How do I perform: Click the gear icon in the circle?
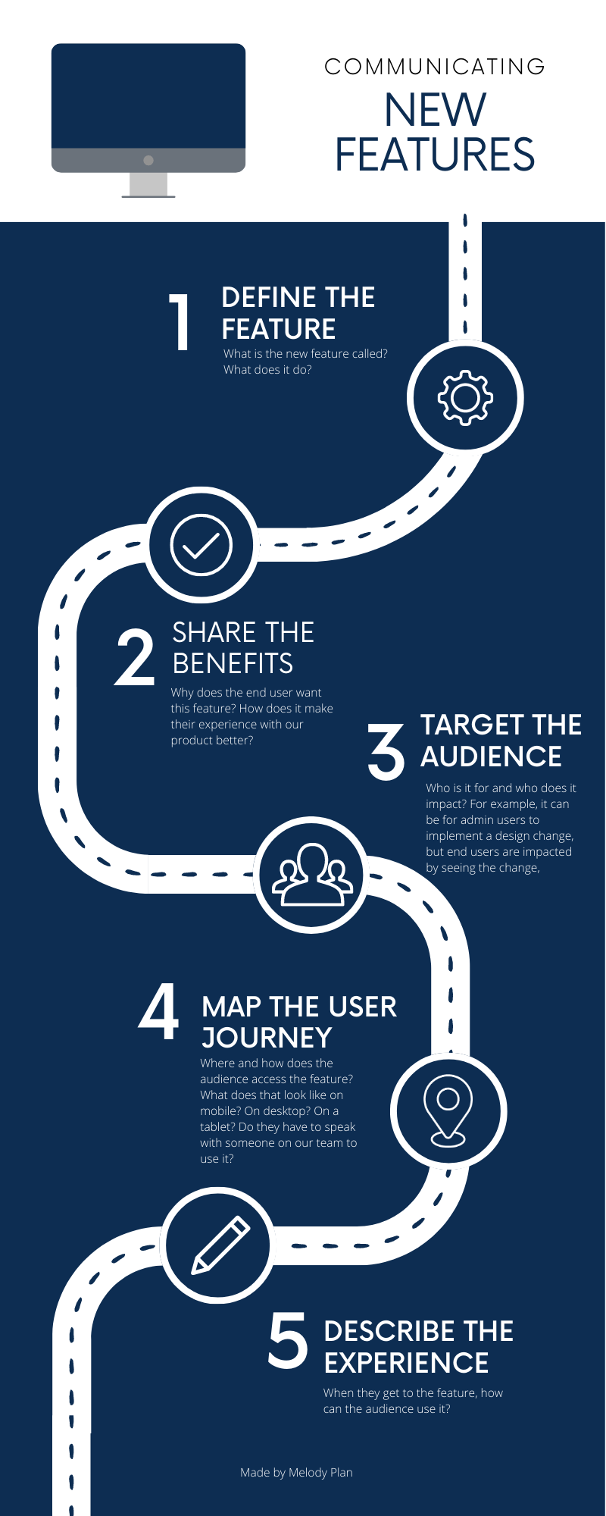[x=465, y=396]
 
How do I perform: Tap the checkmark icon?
[x=201, y=544]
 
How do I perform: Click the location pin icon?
[x=448, y=1110]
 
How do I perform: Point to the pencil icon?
[x=220, y=1245]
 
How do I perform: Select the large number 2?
[x=134, y=658]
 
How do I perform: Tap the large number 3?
[x=386, y=750]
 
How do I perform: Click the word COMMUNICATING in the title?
[x=435, y=67]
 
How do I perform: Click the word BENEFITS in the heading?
[x=233, y=663]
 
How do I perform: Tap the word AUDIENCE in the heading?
[x=491, y=756]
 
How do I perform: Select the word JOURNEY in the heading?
[x=267, y=1038]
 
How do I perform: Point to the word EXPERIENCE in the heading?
[x=406, y=1363]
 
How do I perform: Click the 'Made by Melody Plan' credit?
[x=296, y=1472]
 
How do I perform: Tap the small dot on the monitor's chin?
[x=148, y=160]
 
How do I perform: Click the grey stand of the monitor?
[x=148, y=184]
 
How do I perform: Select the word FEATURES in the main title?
[x=435, y=155]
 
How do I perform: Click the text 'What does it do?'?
[x=267, y=370]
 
